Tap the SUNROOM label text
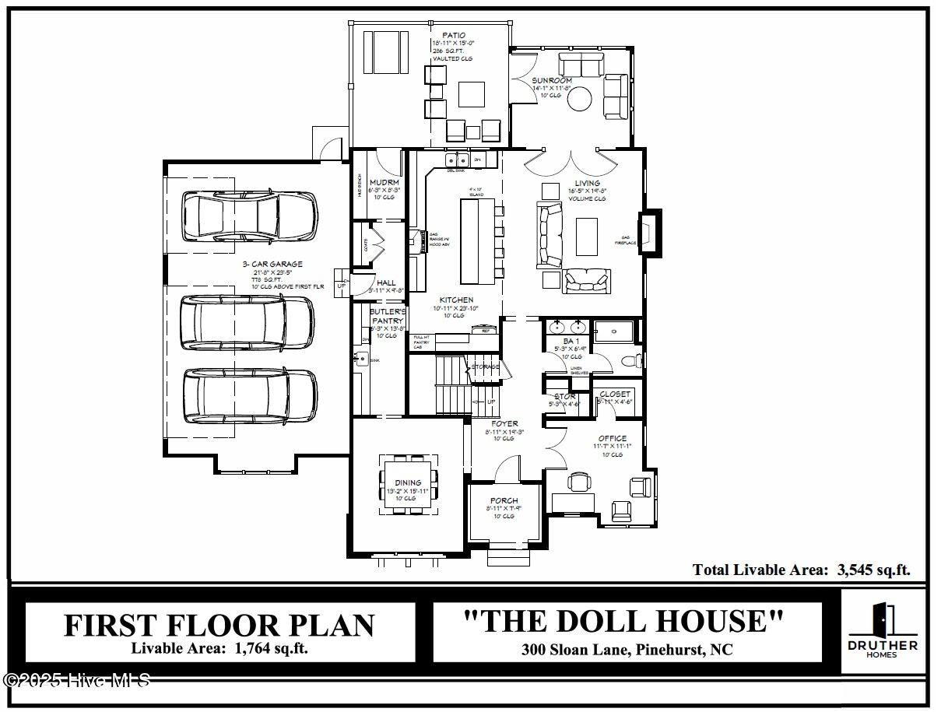coord(552,80)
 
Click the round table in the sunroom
coord(580,99)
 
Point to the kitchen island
coord(477,242)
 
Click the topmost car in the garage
coord(249,217)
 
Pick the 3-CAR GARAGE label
coord(272,265)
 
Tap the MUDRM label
coord(384,183)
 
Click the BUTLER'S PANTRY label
coord(387,316)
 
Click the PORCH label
coord(504,500)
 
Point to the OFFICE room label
coord(612,439)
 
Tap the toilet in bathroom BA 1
coord(634,361)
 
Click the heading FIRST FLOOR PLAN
coord(219,626)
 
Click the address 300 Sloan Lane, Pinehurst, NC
coord(627,650)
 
